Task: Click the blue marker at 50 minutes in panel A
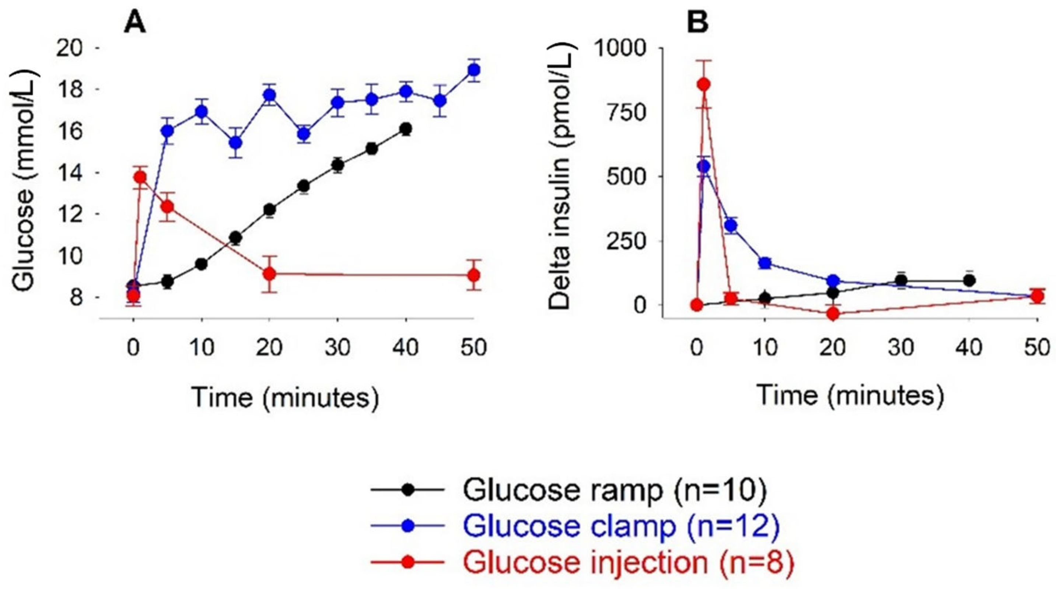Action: point(474,70)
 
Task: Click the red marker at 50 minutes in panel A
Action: point(474,275)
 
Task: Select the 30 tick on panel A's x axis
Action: point(338,349)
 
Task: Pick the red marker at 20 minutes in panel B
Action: point(833,314)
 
